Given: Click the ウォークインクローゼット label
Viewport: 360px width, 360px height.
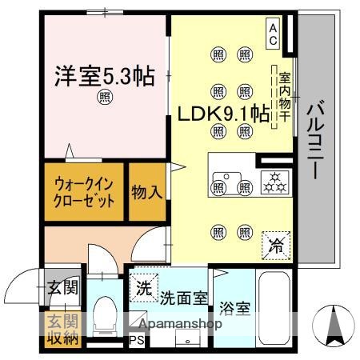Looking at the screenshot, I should click(x=83, y=191).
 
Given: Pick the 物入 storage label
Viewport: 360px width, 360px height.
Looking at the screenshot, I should click(x=148, y=192).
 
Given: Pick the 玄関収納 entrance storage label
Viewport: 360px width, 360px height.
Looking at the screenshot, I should click(x=60, y=330).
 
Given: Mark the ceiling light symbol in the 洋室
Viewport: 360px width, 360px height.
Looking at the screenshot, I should click(x=106, y=98).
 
